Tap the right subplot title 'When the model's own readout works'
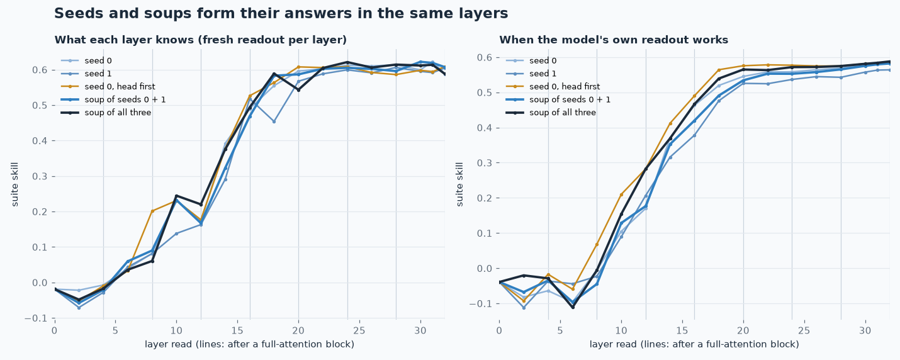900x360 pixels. click(614, 40)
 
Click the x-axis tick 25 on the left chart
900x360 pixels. click(359, 330)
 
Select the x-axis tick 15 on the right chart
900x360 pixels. click(682, 330)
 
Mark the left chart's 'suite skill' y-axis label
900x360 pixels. click(15, 184)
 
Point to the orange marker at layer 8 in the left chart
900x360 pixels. click(152, 211)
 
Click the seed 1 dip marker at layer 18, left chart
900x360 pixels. click(274, 121)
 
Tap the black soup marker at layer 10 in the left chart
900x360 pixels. click(176, 196)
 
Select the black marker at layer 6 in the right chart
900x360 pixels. click(573, 307)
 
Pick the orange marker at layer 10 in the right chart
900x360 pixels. click(621, 194)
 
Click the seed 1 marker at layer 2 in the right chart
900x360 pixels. click(524, 308)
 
